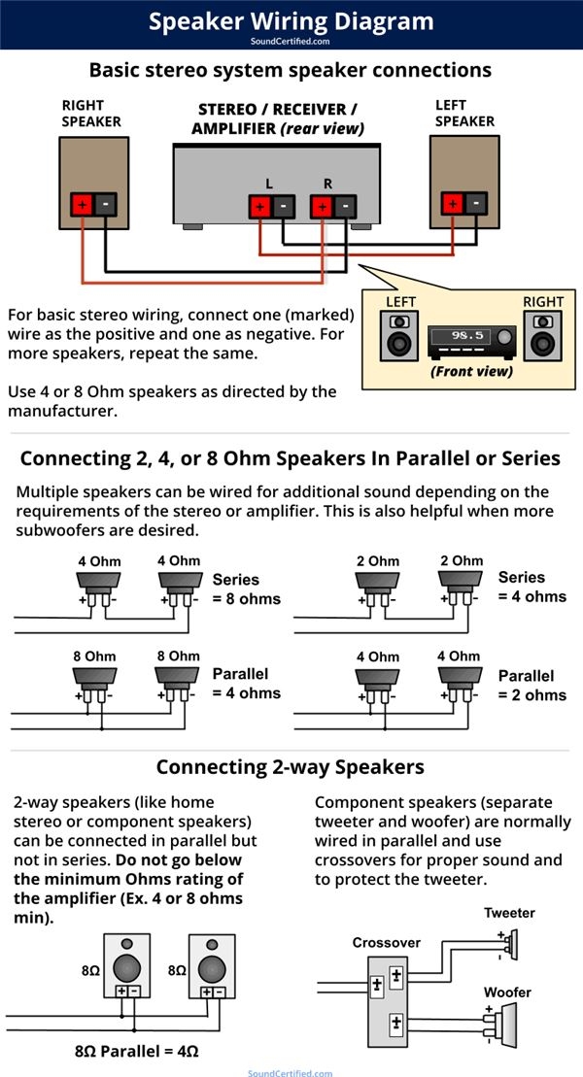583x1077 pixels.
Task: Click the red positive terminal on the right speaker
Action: pyautogui.click(x=82, y=205)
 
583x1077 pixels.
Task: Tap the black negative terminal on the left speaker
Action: pyautogui.click(x=474, y=203)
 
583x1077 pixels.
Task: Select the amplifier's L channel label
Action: pyautogui.click(x=269, y=183)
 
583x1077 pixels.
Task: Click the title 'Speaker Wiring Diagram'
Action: pyautogui.click(x=291, y=20)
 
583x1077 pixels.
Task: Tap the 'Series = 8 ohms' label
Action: pyautogui.click(x=247, y=589)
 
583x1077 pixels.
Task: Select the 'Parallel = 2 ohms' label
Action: pyautogui.click(x=532, y=685)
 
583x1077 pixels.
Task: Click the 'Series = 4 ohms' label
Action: pyautogui.click(x=532, y=587)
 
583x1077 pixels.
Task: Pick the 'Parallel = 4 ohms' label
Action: pyautogui.click(x=247, y=684)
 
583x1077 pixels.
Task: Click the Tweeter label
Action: pyautogui.click(x=509, y=913)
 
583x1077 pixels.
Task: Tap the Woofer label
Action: pyautogui.click(x=508, y=992)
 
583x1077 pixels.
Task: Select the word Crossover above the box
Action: pyautogui.click(x=386, y=943)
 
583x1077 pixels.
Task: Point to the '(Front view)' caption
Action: pyautogui.click(x=471, y=371)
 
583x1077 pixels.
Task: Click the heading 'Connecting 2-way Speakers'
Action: pyautogui.click(x=291, y=767)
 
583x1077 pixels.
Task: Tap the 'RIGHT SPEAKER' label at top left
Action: pyautogui.click(x=91, y=113)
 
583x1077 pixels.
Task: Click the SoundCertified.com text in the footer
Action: pyautogui.click(x=290, y=1072)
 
